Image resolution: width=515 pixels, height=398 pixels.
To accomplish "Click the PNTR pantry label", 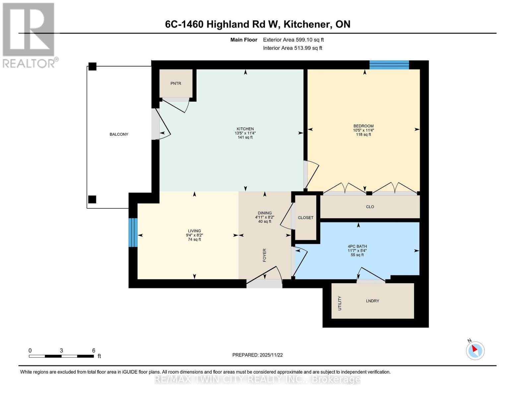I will (x=176, y=84).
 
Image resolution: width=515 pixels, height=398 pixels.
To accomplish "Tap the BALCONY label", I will (x=119, y=134).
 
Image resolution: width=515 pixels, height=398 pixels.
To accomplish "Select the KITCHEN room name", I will (x=245, y=129).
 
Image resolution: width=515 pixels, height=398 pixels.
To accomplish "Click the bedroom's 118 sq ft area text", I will (x=363, y=135).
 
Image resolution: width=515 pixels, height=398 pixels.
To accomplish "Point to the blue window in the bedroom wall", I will (x=389, y=65).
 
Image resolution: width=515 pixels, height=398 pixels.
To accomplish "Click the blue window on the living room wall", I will (x=133, y=232).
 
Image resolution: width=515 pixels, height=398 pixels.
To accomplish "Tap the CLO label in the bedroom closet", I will (x=370, y=207).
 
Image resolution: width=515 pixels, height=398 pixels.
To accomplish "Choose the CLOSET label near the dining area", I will (x=305, y=218).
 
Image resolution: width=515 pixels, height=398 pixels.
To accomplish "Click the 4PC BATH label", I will (x=357, y=246).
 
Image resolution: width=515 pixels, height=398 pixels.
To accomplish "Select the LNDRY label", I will (x=372, y=301).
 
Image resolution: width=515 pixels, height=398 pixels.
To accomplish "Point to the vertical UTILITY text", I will (x=340, y=303).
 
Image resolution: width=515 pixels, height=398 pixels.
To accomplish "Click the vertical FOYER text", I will (x=265, y=255).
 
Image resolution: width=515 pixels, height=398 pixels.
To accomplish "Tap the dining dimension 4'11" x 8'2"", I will (x=265, y=217).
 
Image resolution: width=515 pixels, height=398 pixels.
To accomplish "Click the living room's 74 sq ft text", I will (x=194, y=239).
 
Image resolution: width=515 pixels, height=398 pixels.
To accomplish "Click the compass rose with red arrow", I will (x=475, y=350).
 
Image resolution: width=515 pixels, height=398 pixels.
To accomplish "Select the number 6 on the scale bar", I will (x=94, y=350).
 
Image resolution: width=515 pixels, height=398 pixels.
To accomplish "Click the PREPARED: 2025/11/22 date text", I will (x=257, y=355).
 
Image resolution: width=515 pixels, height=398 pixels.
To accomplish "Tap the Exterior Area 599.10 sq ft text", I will (x=293, y=40).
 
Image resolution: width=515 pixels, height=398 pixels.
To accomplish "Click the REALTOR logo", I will (x=29, y=35).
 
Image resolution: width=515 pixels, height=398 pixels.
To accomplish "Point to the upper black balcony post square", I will (x=92, y=67).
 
